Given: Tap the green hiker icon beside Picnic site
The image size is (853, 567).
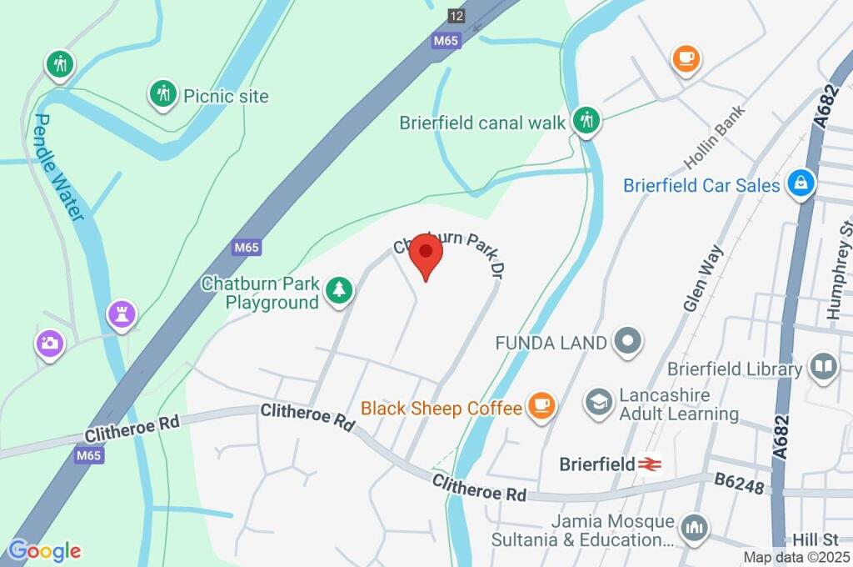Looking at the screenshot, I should pos(163,94).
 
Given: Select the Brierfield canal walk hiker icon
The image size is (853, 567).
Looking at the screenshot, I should pos(586,119).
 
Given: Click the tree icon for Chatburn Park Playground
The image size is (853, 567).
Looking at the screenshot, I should pos(339,290).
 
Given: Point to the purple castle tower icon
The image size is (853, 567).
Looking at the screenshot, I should pos(122,314).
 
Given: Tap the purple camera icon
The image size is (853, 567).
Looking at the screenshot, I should pos(49,343).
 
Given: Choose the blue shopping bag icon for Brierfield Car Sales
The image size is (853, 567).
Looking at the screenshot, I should pos(801,183).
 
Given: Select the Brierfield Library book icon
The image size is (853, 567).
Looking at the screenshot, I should pos(824,367).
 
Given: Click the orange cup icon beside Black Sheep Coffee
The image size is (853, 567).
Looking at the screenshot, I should pos(541,406).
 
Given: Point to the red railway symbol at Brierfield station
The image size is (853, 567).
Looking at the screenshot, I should pos(649,464).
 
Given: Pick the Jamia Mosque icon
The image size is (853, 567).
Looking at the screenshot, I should pos(693,526).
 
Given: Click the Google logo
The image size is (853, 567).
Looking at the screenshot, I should pos(44,550).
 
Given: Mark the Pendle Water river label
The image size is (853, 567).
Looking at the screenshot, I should pos(58,168).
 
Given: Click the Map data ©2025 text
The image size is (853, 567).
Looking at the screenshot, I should pos(796,557).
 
